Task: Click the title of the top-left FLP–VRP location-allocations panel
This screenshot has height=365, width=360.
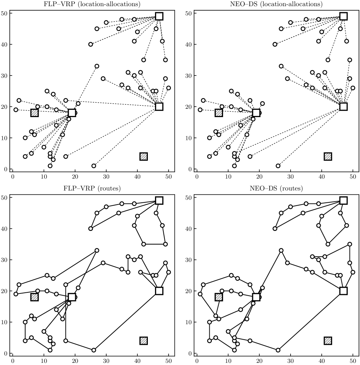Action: tap(92, 4)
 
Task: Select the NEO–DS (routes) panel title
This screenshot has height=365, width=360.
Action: tap(276, 188)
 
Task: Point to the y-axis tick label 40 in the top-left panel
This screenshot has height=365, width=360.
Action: tap(4, 44)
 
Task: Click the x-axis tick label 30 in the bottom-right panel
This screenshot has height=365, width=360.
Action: tap(290, 361)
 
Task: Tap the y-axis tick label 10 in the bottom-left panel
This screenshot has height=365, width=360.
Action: tap(4, 322)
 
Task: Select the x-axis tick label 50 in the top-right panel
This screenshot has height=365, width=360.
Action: tap(353, 177)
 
